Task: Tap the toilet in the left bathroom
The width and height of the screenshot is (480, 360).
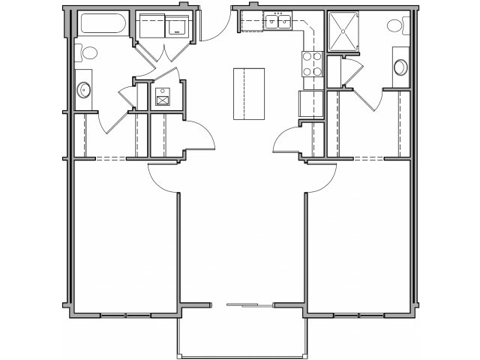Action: pos(88,53)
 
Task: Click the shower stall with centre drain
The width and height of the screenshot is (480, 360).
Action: pos(343,30)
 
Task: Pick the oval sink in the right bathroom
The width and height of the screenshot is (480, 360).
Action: pos(400,68)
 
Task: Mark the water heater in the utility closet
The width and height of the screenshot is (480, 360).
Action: pos(163,97)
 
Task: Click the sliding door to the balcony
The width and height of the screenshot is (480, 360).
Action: pos(250,305)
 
